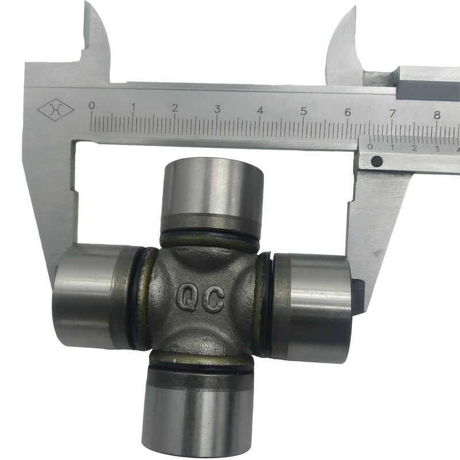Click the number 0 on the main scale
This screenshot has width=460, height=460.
point(92,106)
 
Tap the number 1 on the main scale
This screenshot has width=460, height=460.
point(133,107)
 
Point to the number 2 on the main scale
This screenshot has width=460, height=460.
point(175,108)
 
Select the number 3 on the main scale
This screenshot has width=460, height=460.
point(217,109)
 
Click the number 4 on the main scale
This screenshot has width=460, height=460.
point(260,110)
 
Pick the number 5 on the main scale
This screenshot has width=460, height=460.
point(304,112)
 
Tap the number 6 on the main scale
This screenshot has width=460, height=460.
point(348,113)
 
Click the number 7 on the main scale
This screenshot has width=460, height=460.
point(392,113)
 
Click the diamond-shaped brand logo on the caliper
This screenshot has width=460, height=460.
point(55,110)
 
